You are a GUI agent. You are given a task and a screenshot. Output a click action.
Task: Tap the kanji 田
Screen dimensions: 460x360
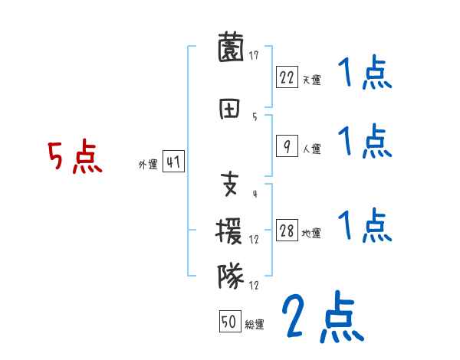tap(231, 108)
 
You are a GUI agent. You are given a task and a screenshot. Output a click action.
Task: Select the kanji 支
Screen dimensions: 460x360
tap(231, 184)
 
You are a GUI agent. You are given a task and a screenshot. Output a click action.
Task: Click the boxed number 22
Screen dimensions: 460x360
tap(287, 77)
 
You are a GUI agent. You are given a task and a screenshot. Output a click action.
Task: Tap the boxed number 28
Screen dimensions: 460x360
tap(287, 232)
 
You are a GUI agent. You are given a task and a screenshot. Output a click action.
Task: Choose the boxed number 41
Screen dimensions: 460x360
tap(173, 162)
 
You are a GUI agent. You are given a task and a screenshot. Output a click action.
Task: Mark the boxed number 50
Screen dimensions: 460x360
tap(229, 322)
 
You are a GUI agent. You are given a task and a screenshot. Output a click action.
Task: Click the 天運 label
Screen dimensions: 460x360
tap(311, 78)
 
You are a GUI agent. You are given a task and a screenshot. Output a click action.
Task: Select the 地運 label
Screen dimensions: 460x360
tap(311, 234)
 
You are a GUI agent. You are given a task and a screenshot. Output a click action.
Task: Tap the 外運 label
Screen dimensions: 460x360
tap(148, 164)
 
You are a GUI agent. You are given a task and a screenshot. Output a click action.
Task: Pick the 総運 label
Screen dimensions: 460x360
tap(255, 324)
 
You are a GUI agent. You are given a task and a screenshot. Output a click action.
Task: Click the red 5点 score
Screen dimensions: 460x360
tap(74, 157)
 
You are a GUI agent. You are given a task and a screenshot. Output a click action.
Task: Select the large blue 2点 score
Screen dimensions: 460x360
tap(320, 316)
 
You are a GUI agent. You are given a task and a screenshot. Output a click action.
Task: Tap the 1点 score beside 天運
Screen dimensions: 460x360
tap(365, 75)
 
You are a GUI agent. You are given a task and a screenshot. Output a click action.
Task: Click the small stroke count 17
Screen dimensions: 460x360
tap(254, 54)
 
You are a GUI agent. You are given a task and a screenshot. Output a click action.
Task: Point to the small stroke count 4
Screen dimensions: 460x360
tap(254, 194)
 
